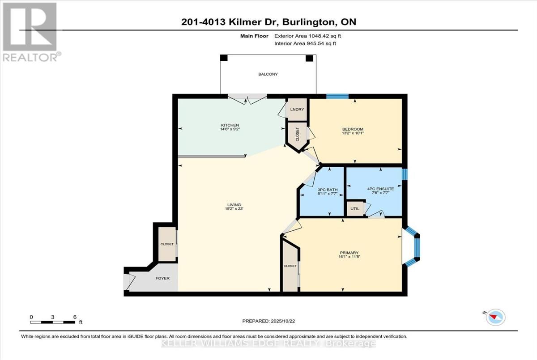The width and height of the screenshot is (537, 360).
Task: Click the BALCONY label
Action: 268,74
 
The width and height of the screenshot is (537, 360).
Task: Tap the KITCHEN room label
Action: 230,125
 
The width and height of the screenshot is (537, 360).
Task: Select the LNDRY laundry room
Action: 297,110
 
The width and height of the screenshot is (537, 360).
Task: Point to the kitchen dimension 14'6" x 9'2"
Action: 230,129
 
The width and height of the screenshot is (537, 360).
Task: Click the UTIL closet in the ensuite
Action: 355,208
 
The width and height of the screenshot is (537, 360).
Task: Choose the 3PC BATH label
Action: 328,190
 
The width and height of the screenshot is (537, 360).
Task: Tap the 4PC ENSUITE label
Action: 380,189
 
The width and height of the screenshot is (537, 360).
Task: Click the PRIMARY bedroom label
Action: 349,253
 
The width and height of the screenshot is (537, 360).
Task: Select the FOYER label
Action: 162,278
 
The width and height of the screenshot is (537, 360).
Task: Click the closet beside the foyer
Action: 167,244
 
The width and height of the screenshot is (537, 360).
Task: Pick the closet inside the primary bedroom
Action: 290,266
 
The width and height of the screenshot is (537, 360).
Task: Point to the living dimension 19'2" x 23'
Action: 234,209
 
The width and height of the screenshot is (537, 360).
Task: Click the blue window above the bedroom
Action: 337,96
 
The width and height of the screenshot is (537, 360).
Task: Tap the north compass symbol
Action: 495,318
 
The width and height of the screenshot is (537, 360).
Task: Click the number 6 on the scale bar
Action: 75,317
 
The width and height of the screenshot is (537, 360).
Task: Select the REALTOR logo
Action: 31,32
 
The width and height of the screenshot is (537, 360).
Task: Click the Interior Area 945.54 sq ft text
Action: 305,43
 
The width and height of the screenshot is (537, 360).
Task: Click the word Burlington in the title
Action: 308,22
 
